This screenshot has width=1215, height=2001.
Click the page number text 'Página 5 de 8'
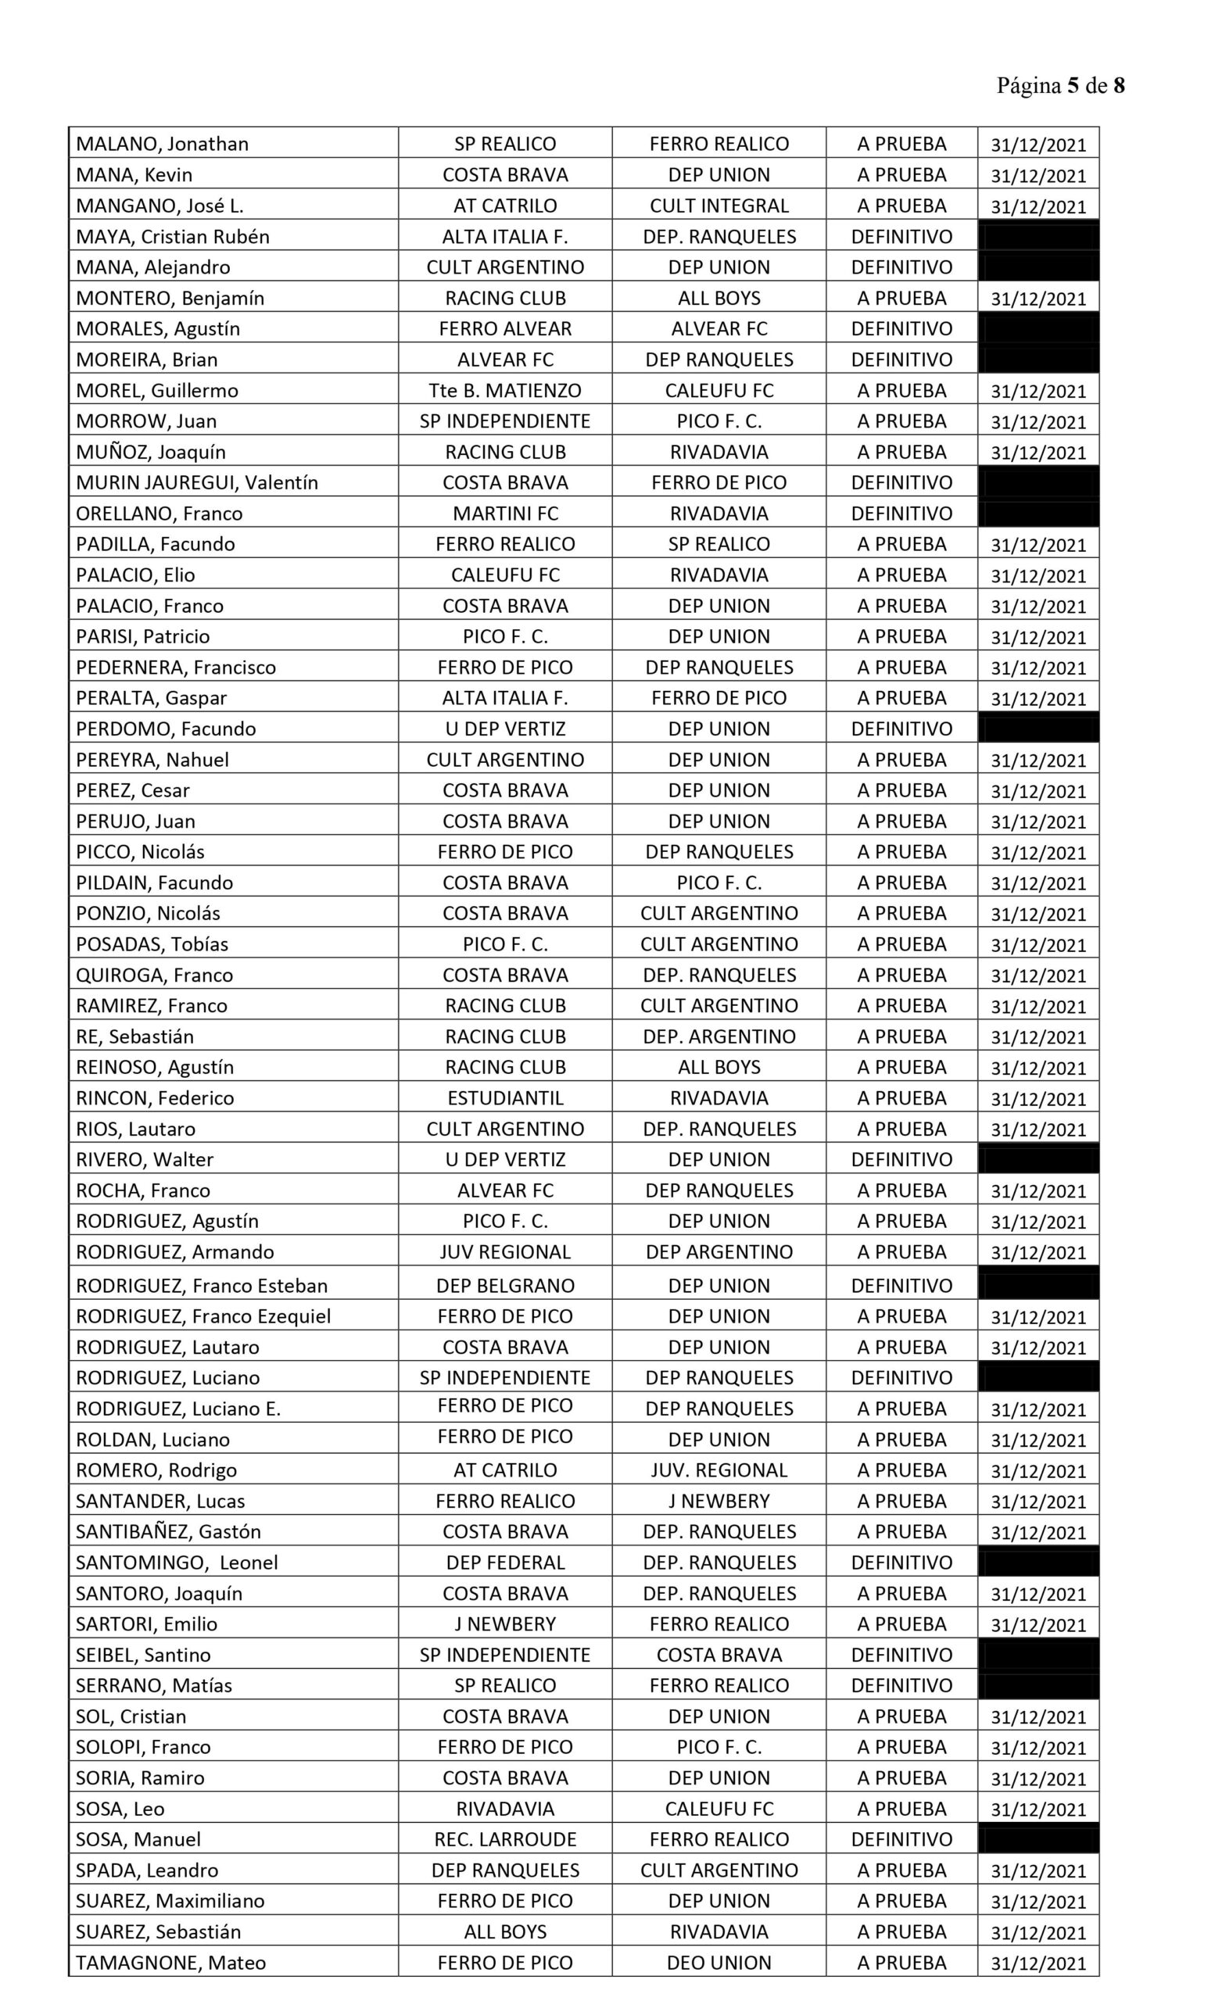coord(1060,86)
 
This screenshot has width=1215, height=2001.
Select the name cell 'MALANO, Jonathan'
coord(163,144)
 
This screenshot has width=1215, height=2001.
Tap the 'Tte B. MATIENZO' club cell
coord(504,391)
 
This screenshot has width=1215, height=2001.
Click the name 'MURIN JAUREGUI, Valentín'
coord(196,482)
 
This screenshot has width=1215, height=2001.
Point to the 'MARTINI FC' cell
coord(504,514)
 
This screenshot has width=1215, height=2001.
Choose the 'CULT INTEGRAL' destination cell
coord(719,206)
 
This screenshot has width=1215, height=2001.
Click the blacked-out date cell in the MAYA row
coord(1038,236)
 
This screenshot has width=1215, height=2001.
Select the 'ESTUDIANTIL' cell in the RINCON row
coord(504,1098)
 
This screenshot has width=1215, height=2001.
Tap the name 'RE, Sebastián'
coord(134,1036)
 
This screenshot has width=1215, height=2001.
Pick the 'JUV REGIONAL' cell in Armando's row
coord(504,1251)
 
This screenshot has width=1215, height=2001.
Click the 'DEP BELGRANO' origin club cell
coord(504,1286)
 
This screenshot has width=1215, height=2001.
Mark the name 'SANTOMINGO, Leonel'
coord(176,1562)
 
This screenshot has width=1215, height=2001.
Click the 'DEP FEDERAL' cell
coord(504,1562)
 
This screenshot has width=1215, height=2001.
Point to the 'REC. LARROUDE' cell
coord(504,1839)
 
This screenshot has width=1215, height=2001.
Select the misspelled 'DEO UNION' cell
coord(719,1963)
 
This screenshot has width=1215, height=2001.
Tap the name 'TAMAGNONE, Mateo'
coord(170,1963)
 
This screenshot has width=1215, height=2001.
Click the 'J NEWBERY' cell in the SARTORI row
coord(504,1624)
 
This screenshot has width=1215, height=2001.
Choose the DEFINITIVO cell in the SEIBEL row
coord(901,1655)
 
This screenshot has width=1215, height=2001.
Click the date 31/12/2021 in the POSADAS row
coord(1038,944)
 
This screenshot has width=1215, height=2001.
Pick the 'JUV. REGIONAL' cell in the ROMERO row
coord(719,1470)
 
